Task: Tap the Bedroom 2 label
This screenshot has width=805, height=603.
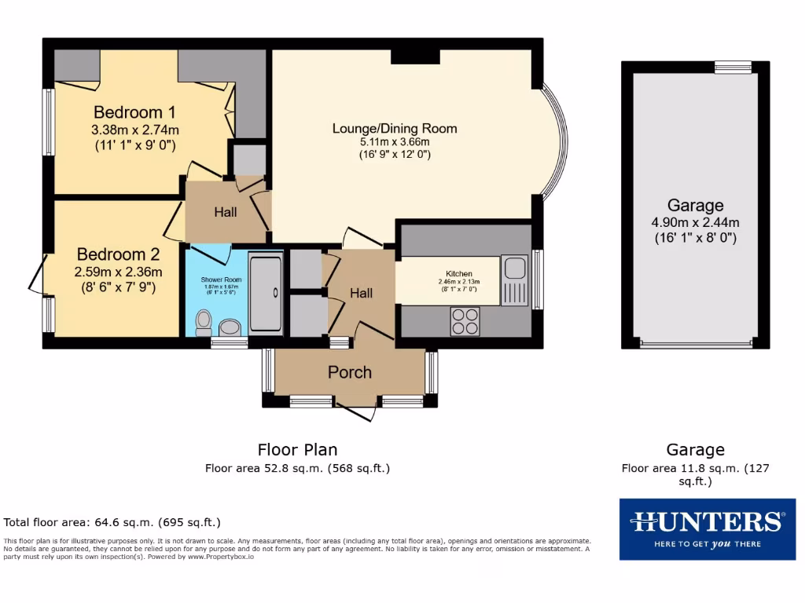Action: [118, 254]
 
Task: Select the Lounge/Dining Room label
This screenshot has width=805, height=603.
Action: [395, 129]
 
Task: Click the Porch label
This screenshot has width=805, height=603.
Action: [350, 372]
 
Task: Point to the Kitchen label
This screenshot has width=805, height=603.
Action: [459, 273]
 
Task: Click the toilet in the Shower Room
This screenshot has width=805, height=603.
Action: [204, 320]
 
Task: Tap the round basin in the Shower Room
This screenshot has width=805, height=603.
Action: [230, 327]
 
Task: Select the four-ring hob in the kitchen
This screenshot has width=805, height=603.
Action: [465, 321]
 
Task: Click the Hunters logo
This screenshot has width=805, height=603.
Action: [707, 528]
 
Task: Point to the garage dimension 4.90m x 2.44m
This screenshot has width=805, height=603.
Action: [695, 222]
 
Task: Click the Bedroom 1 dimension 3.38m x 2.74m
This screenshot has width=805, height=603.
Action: [135, 130]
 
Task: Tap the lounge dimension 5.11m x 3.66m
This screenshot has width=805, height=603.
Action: [395, 142]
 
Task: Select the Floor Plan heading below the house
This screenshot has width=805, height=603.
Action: [298, 450]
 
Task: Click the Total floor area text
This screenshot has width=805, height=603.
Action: [112, 521]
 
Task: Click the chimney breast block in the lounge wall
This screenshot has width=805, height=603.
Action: [415, 54]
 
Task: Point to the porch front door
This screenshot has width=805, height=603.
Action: [358, 411]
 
